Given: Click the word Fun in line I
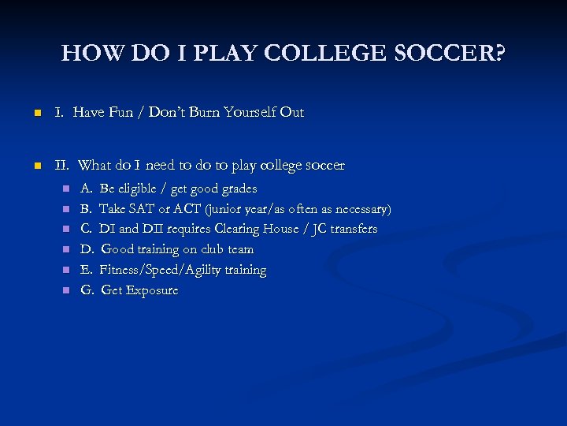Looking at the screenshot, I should tap(120, 113).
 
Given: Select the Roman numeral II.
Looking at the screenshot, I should tap(62, 166).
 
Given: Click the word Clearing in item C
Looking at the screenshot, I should tap(239, 229).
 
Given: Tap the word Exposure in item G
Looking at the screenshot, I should tap(151, 290).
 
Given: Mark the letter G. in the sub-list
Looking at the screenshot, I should tap(87, 290).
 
